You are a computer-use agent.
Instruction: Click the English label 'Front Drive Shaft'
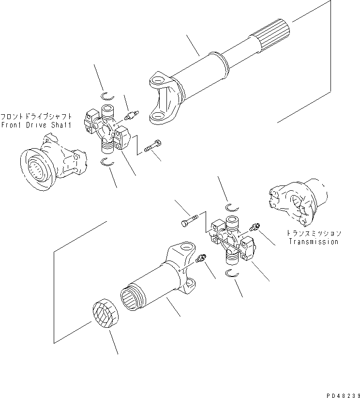[36, 125]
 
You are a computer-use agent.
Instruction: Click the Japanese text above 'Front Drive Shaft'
[36, 117]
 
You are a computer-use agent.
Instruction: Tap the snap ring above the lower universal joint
[231, 209]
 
